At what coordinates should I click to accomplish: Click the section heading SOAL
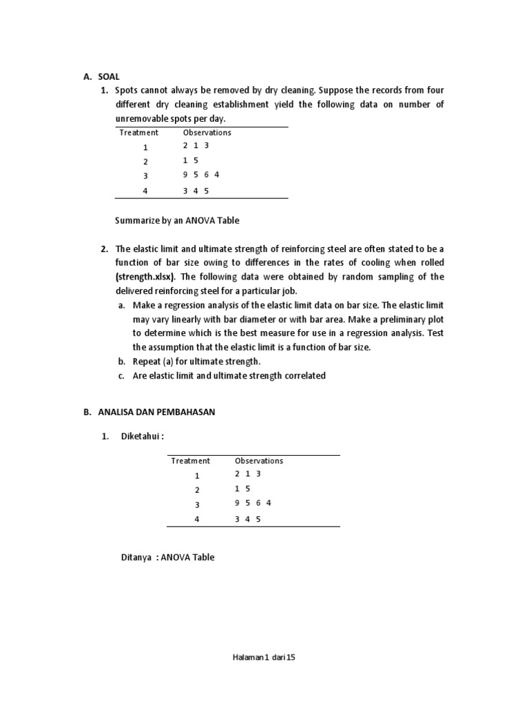107,77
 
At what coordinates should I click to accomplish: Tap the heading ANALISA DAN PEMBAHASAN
147,412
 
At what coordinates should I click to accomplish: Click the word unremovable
140,118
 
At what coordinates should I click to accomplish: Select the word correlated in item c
302,376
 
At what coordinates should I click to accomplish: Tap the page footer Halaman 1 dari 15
264,657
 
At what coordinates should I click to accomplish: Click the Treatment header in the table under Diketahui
190,461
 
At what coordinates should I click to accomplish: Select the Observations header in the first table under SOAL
207,132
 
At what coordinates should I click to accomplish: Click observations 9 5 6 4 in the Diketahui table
253,503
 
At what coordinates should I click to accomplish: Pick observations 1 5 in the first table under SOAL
191,161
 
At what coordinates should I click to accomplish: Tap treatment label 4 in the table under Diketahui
196,520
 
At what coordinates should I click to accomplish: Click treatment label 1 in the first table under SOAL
145,147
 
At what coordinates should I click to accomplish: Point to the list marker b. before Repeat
121,361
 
